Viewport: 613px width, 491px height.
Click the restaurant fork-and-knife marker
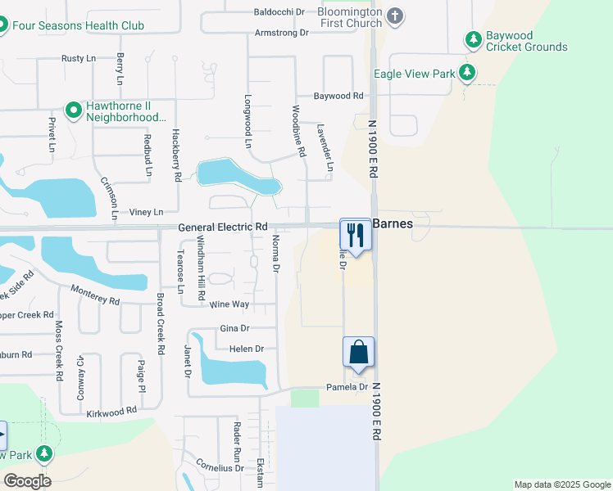coord(356,234)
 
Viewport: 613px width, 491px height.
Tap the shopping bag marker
coord(359,353)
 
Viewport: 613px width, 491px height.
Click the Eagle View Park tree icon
coord(467,73)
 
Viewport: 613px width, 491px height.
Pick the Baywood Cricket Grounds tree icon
coord(473,38)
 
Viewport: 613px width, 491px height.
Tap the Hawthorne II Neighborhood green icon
coord(73,109)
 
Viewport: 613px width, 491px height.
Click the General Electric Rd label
coord(223,227)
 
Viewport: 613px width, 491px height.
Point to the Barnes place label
coord(393,223)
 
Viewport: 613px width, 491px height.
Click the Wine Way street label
coord(229,304)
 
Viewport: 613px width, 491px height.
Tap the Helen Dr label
coord(247,349)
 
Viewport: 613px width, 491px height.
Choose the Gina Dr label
coord(235,328)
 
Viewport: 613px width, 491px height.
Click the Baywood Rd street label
coord(338,96)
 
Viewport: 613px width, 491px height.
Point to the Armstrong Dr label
coord(281,33)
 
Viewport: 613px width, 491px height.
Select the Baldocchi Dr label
coord(279,12)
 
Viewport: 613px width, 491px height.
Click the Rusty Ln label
coord(79,59)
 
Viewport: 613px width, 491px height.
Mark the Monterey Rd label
coord(95,295)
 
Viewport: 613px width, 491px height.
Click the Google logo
coord(27,481)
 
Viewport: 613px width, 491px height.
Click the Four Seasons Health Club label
coord(79,25)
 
